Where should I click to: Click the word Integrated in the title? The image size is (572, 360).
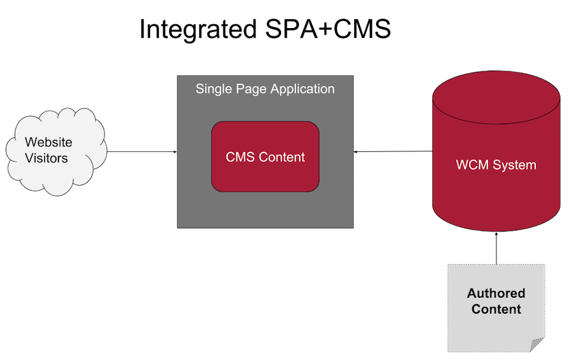[x=198, y=29]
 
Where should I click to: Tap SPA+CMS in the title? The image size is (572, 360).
[x=328, y=29]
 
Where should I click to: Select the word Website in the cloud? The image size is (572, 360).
[x=48, y=142]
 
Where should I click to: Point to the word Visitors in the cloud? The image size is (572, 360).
[x=46, y=158]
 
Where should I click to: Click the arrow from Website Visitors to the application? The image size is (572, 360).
[x=142, y=151]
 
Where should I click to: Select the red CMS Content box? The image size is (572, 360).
[x=265, y=156]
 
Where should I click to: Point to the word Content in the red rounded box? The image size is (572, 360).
[x=282, y=157]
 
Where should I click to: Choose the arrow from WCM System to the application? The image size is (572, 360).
[x=393, y=151]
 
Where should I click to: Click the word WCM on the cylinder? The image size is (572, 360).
[x=472, y=165]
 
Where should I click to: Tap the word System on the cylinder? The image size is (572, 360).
[x=514, y=165]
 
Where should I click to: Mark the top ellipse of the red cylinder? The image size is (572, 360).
[x=496, y=97]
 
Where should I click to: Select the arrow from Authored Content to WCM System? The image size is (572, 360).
[x=496, y=248]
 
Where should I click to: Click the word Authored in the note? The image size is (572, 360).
[x=496, y=293]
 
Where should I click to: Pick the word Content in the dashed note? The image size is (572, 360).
[x=496, y=309]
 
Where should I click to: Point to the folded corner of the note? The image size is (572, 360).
[x=536, y=345]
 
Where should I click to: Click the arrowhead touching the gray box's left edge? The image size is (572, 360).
[x=175, y=151]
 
